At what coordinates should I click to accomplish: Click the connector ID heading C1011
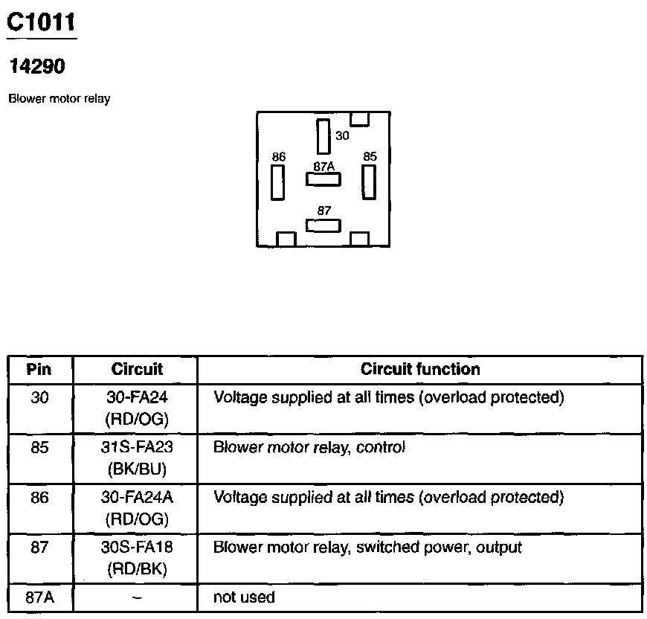[41, 23]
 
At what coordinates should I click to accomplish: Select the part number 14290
[36, 67]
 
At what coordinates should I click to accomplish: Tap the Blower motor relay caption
[59, 99]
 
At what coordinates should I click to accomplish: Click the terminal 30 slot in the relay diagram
[323, 136]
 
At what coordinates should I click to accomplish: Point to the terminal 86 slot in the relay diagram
[278, 182]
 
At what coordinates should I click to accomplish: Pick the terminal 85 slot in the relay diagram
[367, 181]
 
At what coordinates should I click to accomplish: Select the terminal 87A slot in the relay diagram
[323, 179]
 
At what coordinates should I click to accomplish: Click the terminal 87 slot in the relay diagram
[323, 225]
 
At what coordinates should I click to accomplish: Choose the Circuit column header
[137, 369]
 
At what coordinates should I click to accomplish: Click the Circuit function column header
[420, 369]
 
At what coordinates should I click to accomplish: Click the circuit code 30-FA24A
[137, 498]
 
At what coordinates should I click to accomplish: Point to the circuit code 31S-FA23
[137, 448]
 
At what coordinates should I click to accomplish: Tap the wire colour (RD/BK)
[137, 569]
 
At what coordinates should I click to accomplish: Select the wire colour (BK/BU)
[137, 469]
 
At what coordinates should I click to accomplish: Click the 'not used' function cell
[244, 597]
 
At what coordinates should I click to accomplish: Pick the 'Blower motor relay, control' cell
[309, 448]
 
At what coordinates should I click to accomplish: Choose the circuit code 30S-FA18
[137, 548]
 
